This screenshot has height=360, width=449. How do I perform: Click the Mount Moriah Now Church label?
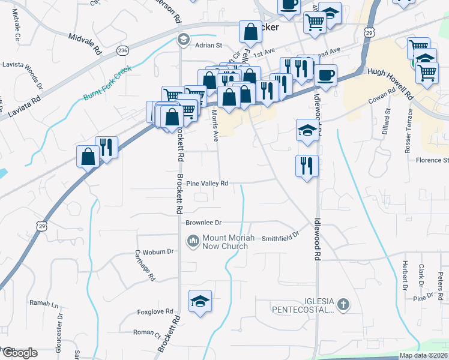pos(224,242)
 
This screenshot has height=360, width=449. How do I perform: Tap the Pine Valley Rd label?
pos(207,184)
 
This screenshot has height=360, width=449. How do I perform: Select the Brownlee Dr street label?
pos(203,222)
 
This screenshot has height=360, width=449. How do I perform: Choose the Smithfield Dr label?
pos(280,238)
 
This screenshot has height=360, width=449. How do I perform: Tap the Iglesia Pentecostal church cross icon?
pos(343,304)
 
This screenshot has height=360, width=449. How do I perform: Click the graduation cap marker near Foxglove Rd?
pos(200,301)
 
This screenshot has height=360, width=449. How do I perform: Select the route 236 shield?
pos(123,50)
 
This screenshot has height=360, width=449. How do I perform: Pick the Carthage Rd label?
pos(145,265)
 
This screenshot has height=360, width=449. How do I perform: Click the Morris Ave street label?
pos(215,128)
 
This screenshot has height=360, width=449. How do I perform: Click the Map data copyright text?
pos(423,355)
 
